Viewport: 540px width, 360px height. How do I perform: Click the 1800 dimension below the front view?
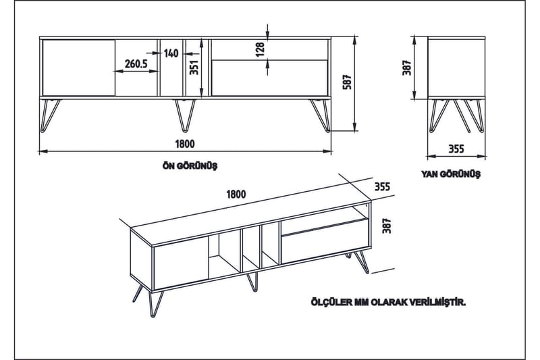[x=184, y=143]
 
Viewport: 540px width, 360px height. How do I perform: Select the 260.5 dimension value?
[x=136, y=64]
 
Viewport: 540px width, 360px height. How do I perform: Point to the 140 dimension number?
[x=171, y=53]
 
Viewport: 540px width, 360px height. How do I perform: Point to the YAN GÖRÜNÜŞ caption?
[x=450, y=174]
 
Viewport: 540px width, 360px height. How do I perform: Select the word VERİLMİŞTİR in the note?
[x=435, y=304]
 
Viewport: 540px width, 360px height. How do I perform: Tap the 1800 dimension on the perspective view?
[x=236, y=194]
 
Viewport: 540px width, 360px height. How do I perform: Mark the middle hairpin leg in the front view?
[x=184, y=114]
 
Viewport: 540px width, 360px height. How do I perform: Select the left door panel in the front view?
[x=78, y=67]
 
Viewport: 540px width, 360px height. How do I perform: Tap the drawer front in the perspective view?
[x=325, y=240]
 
